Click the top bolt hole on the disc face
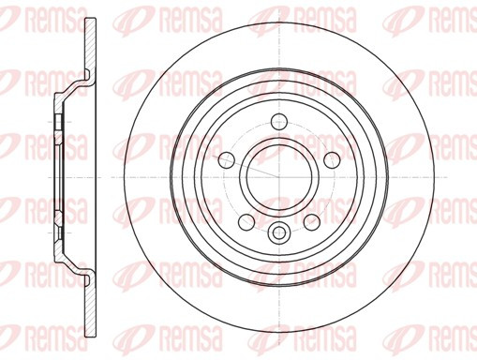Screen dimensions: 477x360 pyautogui.click(x=279, y=122)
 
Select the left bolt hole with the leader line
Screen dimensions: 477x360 pyautogui.click(x=227, y=160)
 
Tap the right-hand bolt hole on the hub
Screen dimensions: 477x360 pyautogui.click(x=332, y=160)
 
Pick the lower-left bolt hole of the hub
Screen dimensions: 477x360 pyautogui.click(x=246, y=222)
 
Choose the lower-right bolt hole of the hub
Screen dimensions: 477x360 pyautogui.click(x=312, y=222)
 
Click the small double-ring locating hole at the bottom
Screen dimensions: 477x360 pyautogui.click(x=279, y=232)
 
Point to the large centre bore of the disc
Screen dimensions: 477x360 pyautogui.click(x=279, y=177)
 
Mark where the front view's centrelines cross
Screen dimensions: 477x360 pyautogui.click(x=279, y=177)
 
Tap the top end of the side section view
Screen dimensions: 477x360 pyautogui.click(x=91, y=19)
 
